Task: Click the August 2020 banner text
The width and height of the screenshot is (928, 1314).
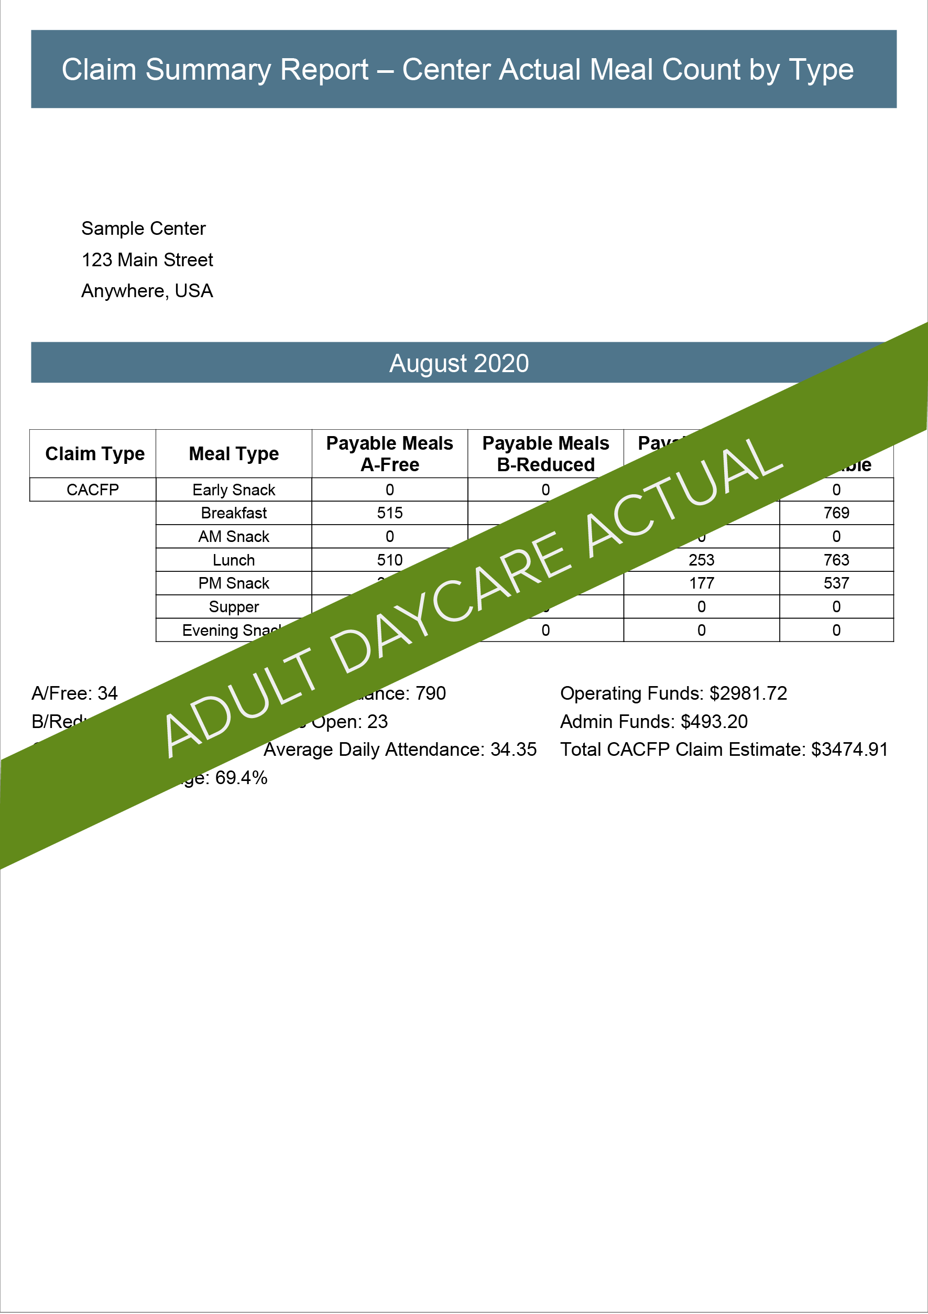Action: click(x=459, y=363)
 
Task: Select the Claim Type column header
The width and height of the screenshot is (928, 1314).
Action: click(x=95, y=454)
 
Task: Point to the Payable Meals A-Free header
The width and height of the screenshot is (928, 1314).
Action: click(x=390, y=454)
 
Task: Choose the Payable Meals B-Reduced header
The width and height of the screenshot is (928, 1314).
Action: click(x=545, y=454)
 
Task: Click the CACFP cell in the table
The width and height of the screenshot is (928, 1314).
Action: click(x=93, y=490)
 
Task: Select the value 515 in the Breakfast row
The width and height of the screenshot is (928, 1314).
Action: click(x=390, y=513)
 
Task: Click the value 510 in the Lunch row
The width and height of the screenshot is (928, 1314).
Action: click(x=390, y=560)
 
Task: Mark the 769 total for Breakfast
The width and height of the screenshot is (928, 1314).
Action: click(x=836, y=513)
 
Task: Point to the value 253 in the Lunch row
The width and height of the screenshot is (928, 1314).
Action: click(x=702, y=560)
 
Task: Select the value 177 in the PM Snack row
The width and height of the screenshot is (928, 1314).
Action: click(x=702, y=583)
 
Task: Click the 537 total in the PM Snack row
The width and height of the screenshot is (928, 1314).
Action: click(x=836, y=583)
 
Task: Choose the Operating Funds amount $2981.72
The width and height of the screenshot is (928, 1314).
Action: click(x=748, y=693)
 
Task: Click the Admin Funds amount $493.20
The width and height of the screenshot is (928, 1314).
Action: click(x=714, y=722)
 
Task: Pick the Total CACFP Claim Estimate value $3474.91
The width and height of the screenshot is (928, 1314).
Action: click(x=849, y=750)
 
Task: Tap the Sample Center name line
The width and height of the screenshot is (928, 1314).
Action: click(x=143, y=229)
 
